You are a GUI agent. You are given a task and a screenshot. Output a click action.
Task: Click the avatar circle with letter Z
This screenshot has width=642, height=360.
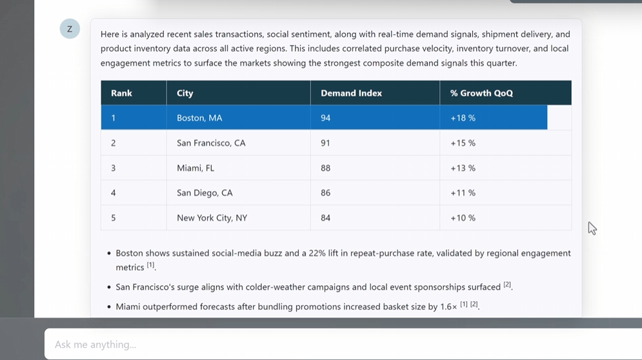(70, 29)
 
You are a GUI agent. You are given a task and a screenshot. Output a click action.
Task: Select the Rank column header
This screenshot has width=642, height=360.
(121, 93)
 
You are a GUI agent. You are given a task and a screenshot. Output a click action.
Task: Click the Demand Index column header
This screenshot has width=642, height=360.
(351, 93)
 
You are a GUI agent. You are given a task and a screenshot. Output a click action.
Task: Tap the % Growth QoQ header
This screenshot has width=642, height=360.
(481, 93)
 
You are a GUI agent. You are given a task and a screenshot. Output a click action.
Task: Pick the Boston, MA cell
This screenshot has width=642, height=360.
(199, 118)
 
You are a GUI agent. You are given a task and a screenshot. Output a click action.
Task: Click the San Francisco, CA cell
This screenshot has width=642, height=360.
(211, 143)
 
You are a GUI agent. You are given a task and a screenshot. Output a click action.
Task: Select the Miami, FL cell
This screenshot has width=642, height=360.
(196, 168)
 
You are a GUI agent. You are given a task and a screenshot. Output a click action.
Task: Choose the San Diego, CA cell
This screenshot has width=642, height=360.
(205, 193)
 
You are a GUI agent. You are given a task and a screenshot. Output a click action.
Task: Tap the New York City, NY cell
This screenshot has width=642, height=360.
(212, 218)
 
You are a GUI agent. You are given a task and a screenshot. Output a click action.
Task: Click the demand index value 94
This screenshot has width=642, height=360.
(326, 118)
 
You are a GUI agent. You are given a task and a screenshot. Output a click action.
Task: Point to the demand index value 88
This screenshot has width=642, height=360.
(326, 168)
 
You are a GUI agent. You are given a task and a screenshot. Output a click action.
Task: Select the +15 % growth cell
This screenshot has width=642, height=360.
(463, 143)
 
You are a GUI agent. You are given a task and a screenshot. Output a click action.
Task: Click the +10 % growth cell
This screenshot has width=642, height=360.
(463, 218)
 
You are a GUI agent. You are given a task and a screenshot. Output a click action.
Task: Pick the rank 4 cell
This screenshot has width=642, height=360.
(114, 193)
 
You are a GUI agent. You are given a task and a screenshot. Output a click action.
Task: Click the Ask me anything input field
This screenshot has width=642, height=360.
(323, 345)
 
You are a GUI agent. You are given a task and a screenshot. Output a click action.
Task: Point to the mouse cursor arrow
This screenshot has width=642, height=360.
(592, 228)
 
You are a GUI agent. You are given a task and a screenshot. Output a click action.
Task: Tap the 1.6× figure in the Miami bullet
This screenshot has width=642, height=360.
(447, 306)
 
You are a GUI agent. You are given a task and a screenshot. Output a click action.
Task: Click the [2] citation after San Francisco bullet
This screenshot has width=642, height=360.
(507, 285)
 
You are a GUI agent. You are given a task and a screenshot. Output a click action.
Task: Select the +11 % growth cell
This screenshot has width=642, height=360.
(463, 193)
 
